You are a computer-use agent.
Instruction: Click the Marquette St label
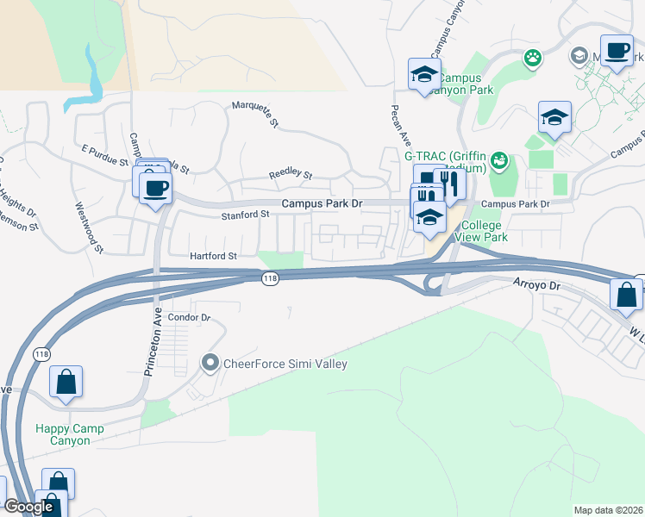pos(255,115)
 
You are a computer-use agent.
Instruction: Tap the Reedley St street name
pos(290,174)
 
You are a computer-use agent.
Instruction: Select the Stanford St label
pos(247,215)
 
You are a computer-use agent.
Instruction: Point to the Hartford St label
pos(214,256)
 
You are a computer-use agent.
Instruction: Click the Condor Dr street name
pos(189,317)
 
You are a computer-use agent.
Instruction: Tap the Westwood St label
pos(89,227)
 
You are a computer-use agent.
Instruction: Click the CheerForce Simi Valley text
pos(285,364)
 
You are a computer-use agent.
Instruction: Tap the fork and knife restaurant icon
pos(448,182)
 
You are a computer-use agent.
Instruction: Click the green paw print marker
pos(533,59)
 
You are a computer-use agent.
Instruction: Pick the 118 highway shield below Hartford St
pos(271,277)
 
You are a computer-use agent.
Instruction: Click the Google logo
pos(28,507)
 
